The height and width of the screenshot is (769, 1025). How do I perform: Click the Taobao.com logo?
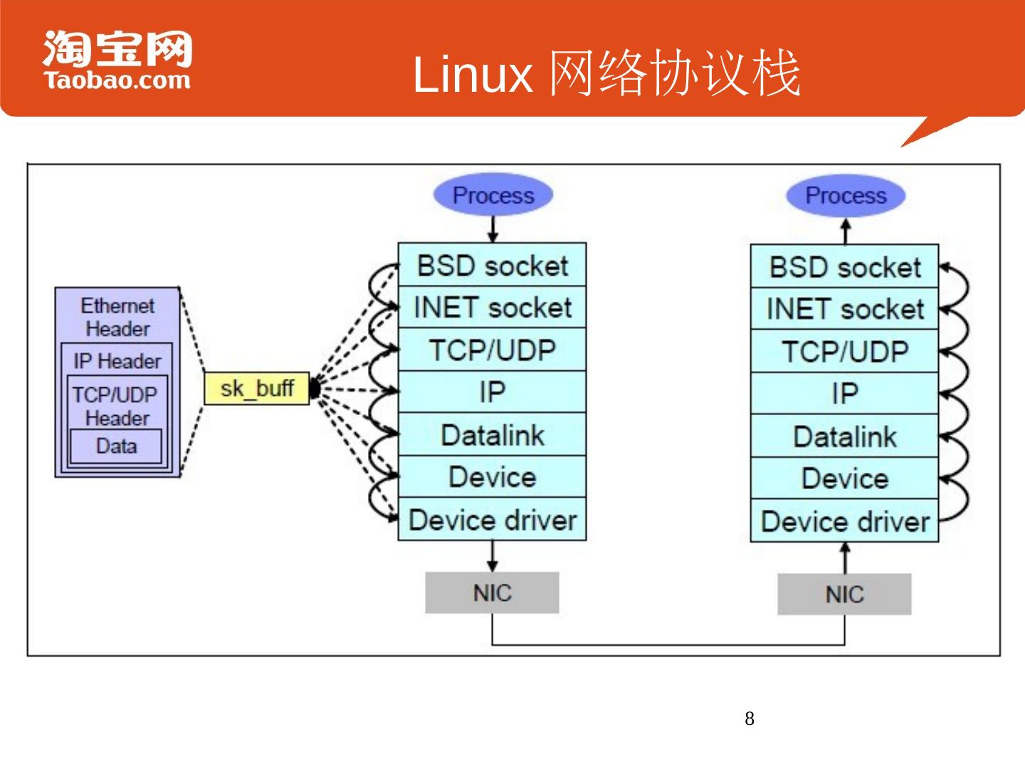coord(117,61)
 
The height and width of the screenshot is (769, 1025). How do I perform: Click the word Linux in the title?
coord(473,74)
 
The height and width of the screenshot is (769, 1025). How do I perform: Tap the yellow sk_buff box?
coord(257,388)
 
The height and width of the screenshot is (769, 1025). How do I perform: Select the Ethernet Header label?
coord(117,317)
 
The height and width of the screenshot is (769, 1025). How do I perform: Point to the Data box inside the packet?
coord(116,446)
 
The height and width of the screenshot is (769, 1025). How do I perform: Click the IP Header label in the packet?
coord(117,361)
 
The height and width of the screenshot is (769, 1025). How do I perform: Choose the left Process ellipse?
coord(493,195)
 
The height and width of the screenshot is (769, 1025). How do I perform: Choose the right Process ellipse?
coord(846,195)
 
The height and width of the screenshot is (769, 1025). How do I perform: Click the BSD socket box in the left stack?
coord(492,266)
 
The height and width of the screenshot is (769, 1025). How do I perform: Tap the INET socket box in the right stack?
coord(845,309)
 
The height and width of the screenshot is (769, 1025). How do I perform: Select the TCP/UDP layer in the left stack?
coord(492,350)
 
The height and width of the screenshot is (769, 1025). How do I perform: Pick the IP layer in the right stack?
coord(845,393)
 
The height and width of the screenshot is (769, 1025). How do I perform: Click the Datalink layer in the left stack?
coord(492,435)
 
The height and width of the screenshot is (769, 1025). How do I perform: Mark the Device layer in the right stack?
coord(845,478)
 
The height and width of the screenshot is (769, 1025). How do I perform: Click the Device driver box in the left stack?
coord(492,520)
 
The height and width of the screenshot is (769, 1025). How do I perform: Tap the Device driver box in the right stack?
coord(845,521)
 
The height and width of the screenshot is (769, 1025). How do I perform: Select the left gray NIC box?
coord(492,592)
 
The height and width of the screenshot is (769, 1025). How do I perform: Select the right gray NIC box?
coord(844,594)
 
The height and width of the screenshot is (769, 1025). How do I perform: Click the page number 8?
coord(750,718)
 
